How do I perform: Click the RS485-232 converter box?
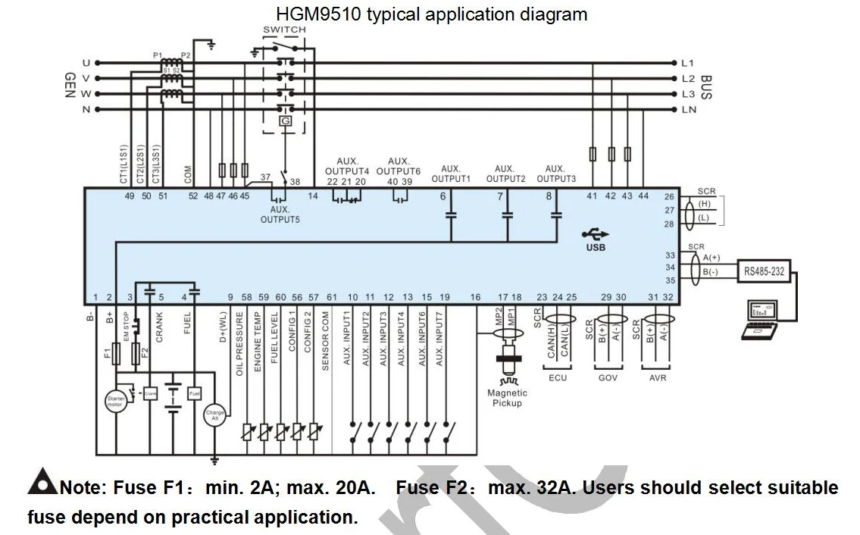764,271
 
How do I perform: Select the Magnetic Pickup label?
507,398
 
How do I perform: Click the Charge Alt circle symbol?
215,414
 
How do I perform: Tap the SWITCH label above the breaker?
284,30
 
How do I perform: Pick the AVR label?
658,377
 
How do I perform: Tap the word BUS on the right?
707,86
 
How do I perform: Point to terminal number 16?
475,297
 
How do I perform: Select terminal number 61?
331,297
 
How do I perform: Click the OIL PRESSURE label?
239,343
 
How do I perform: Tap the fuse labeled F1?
116,353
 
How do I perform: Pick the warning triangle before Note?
42,483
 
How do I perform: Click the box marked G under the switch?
285,121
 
